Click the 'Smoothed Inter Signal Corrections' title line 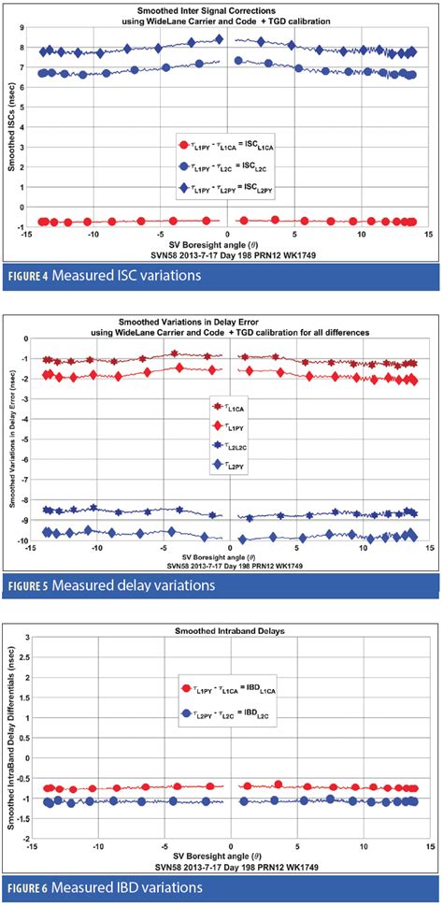tap(230, 7)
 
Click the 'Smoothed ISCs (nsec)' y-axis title tap(10, 131)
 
